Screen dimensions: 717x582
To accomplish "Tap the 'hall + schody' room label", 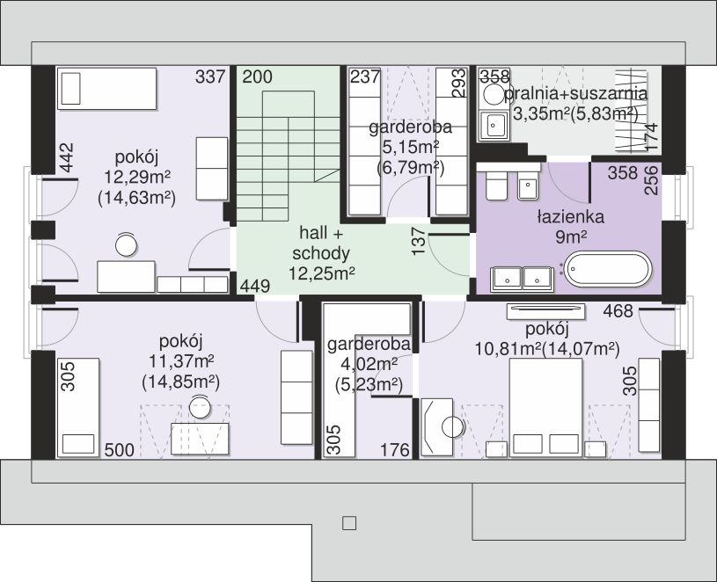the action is coord(321,243).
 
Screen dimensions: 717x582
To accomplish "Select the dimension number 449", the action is coord(255,287).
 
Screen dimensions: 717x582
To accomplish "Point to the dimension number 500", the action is coord(120,450).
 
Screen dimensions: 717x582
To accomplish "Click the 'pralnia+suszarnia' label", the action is coord(575,93).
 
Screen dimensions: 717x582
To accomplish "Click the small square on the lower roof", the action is coord(349,523).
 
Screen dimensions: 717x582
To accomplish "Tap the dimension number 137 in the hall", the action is coord(419,241).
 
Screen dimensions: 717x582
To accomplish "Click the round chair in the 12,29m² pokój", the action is coord(126,244).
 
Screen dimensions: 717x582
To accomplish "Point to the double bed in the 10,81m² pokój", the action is coord(545,408).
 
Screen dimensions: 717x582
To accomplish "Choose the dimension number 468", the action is coord(618,311).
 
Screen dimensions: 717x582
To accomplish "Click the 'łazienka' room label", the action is coord(570,216).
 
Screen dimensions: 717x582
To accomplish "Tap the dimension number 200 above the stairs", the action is coord(257,76).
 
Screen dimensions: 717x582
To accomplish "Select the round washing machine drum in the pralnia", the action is coord(494,96).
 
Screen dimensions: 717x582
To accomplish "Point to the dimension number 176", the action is coord(395,450).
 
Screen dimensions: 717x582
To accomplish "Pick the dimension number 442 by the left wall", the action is coord(67,158).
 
